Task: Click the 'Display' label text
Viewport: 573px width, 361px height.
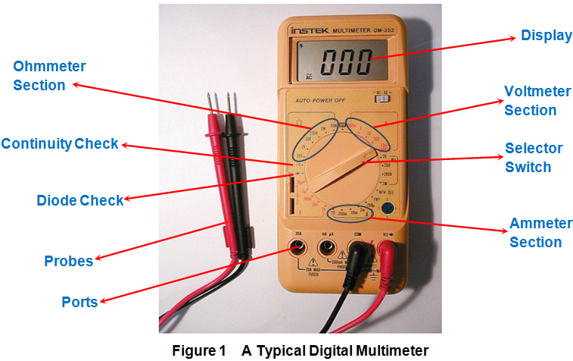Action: [546, 35]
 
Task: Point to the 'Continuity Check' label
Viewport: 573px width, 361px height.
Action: [60, 143]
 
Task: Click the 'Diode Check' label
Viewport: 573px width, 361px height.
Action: [79, 201]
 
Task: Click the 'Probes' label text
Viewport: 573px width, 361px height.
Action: [68, 261]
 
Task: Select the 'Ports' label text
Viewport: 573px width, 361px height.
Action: [79, 302]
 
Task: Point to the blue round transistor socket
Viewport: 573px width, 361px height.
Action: [388, 209]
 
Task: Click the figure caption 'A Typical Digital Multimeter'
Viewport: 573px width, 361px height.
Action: [335, 350]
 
